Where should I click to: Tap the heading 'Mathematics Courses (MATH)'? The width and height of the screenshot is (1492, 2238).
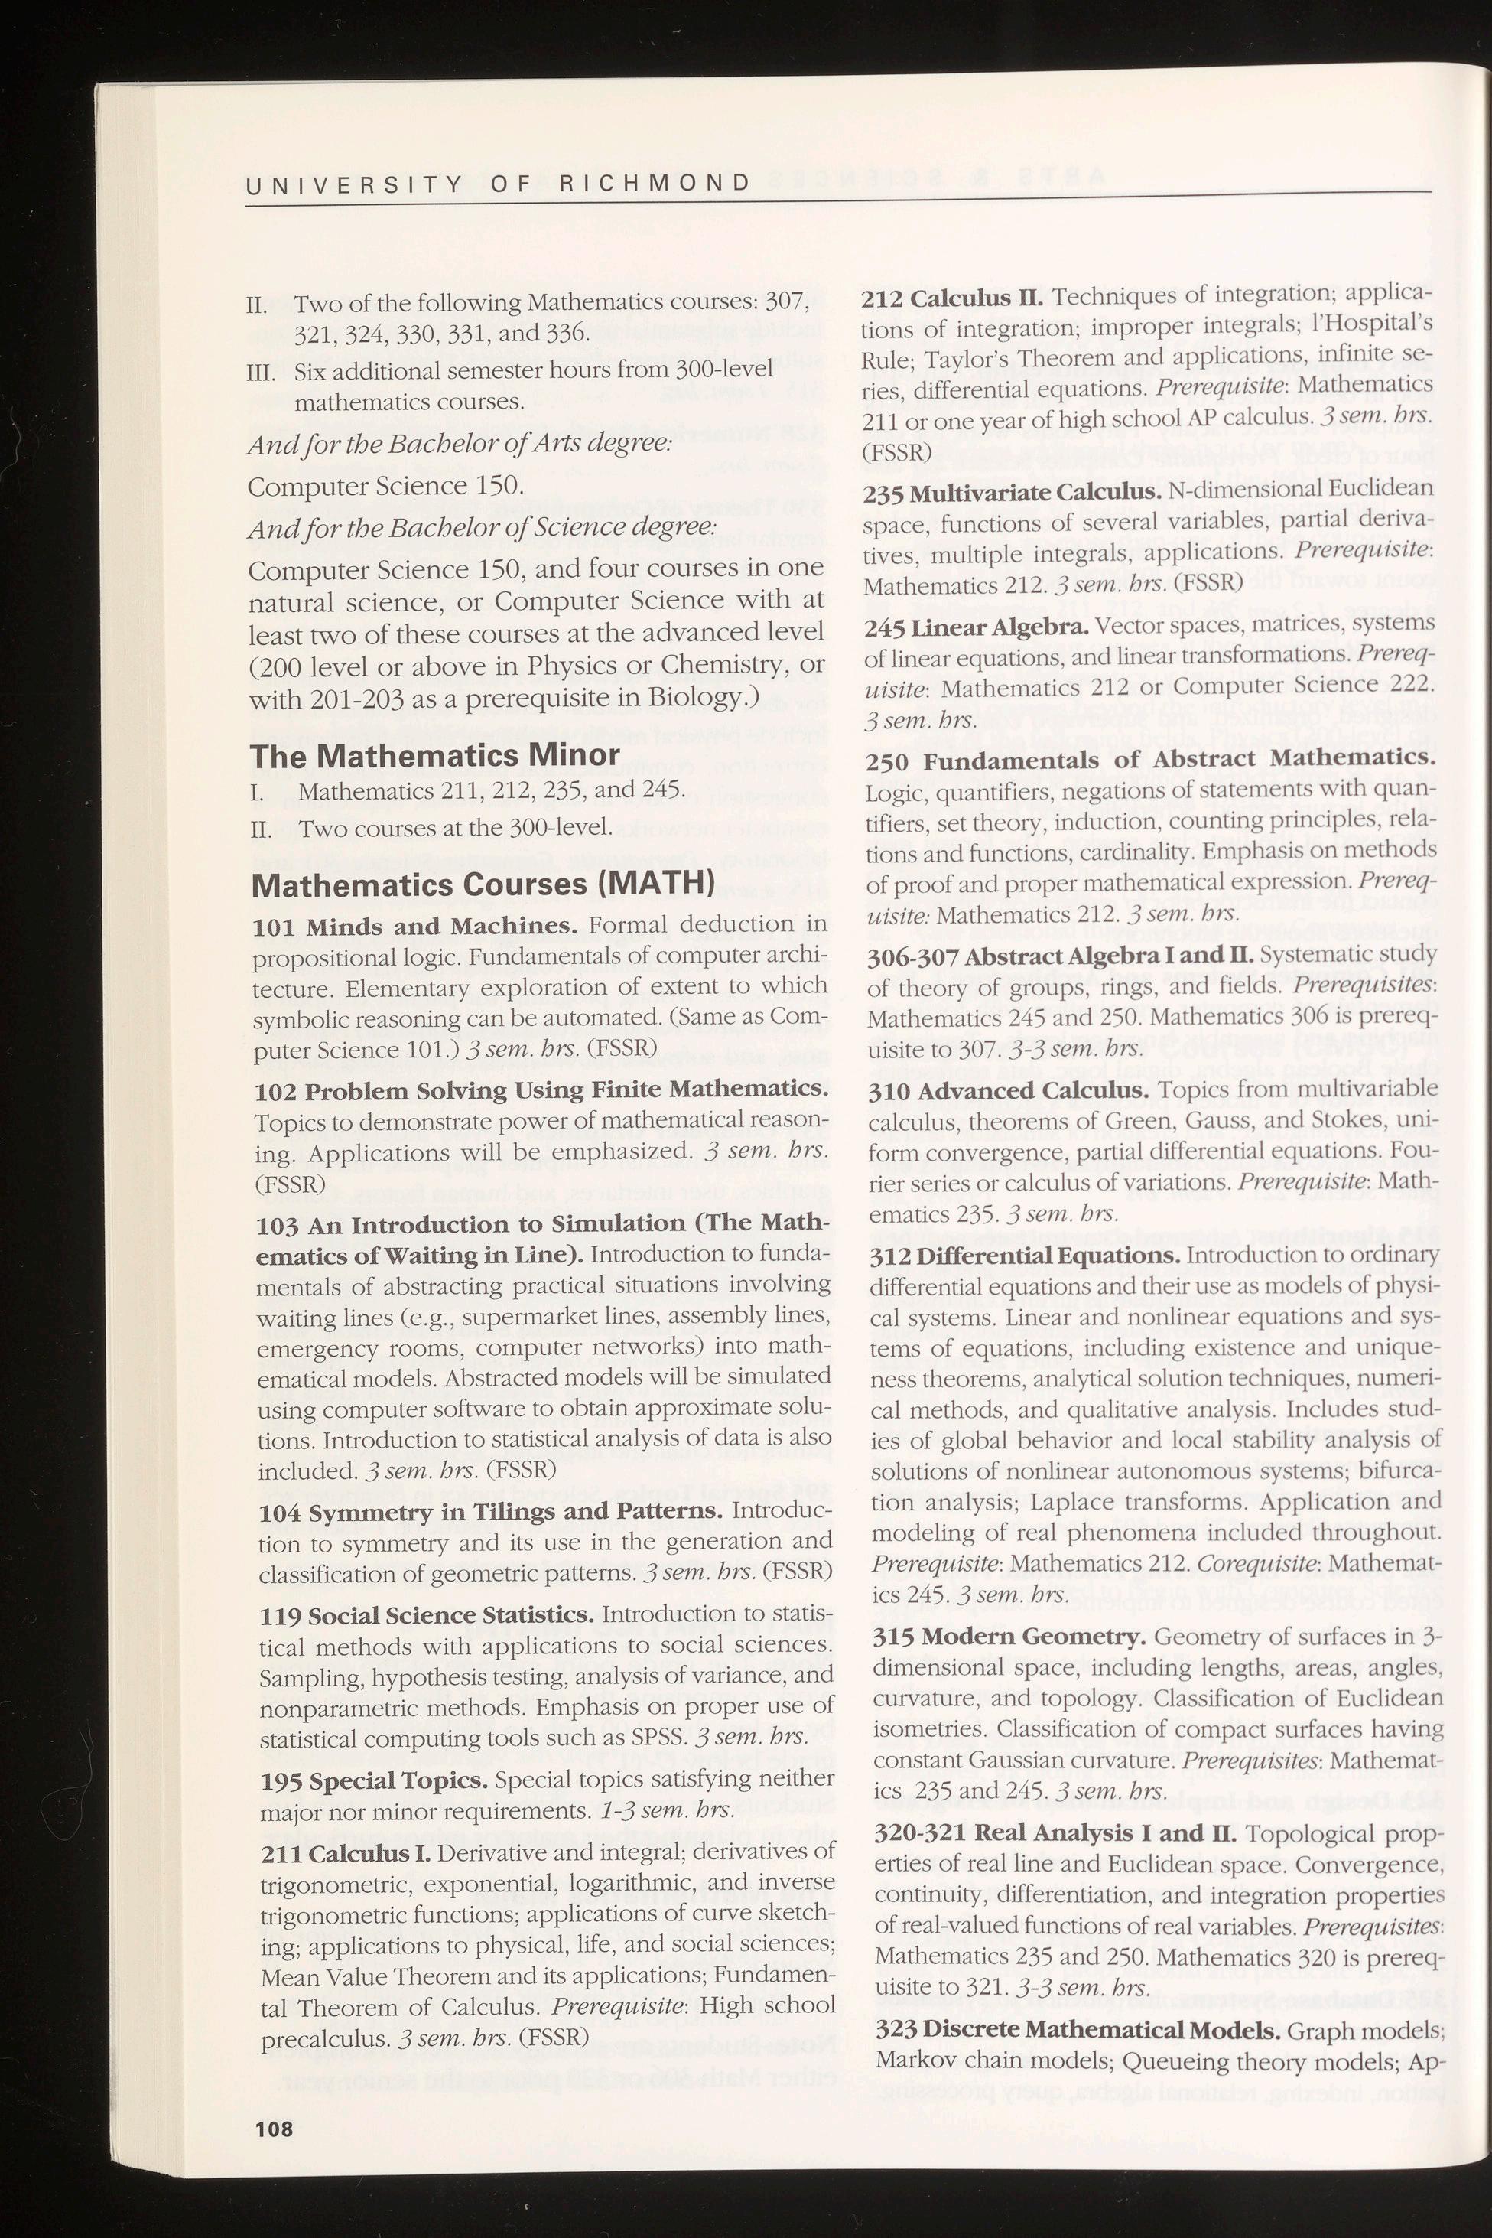coord(482,884)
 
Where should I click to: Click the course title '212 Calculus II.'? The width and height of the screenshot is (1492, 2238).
coord(951,298)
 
